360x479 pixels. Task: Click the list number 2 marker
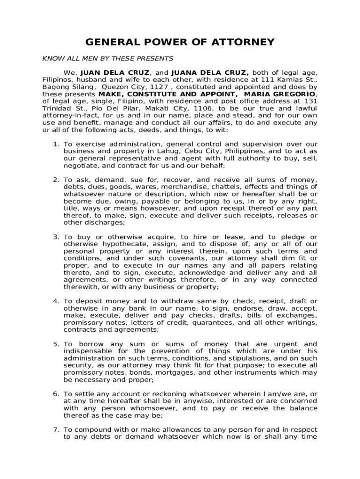55,180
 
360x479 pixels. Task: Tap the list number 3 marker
55,237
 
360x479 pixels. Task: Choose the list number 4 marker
55,301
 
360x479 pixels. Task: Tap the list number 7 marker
55,429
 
